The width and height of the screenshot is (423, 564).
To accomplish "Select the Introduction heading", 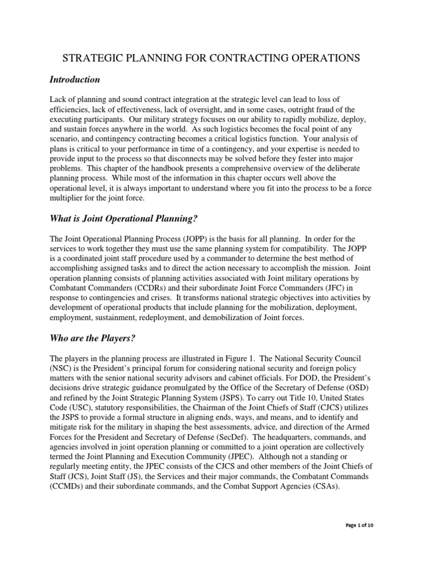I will (75, 80).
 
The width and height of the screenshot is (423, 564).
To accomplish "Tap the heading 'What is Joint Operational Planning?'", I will (123, 218).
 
